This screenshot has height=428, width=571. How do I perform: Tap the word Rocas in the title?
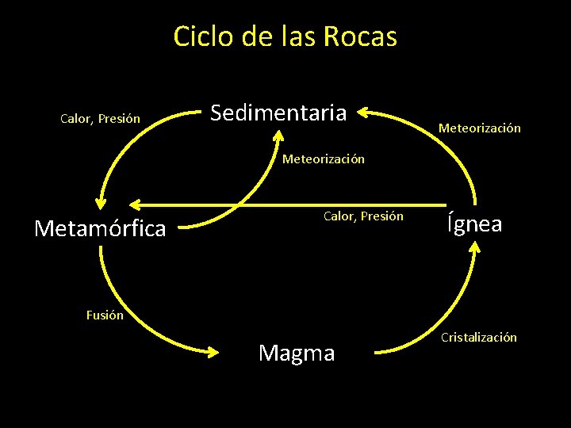coord(362,36)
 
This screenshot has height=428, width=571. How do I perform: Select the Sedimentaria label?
coord(278,113)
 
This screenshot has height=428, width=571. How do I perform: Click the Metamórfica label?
coord(101,229)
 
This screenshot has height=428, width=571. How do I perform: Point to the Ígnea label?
coord(474,224)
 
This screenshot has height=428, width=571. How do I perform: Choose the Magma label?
coord(297,353)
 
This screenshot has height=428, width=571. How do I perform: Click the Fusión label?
coord(105,315)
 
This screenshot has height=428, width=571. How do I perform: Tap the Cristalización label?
coord(479,338)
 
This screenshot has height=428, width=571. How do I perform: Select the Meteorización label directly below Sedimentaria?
coord(324,159)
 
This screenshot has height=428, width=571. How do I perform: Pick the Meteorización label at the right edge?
coord(480,128)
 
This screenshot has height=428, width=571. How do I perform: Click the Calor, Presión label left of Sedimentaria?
coord(101,120)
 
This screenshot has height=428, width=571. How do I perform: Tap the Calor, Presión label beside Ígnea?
coord(363,216)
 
